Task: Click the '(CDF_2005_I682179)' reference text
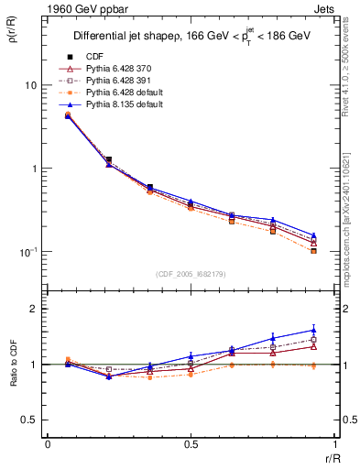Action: (191, 274)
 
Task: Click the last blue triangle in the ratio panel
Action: (314, 330)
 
